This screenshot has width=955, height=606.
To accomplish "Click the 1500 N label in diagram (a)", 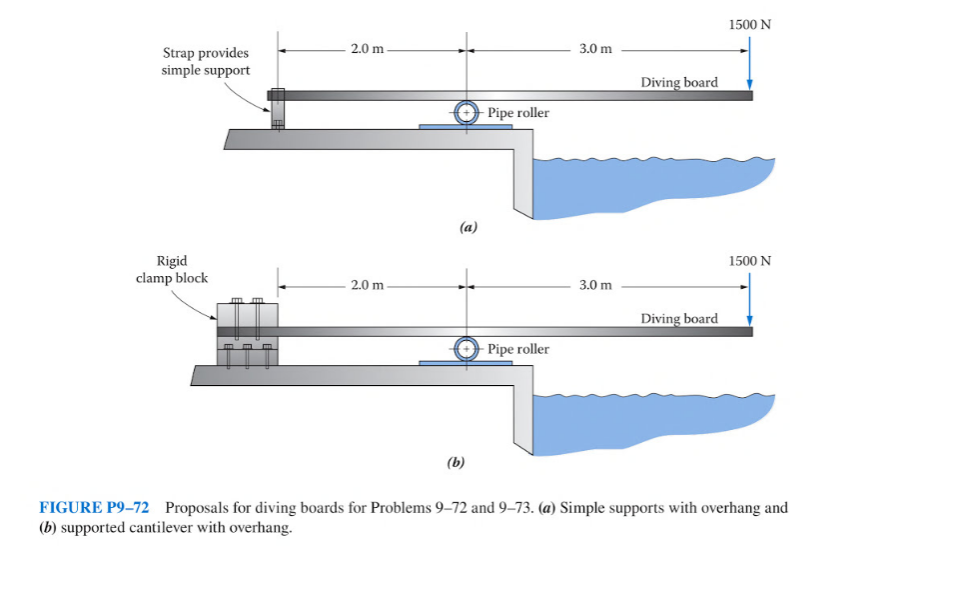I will [749, 25].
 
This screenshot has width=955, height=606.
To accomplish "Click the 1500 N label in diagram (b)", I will [749, 260].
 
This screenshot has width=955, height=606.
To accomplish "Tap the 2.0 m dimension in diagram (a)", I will [367, 49].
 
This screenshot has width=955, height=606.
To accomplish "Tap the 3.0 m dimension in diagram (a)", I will [595, 49].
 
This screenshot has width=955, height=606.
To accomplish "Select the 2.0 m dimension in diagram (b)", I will [367, 285].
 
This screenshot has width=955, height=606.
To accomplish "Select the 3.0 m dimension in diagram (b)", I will [595, 285].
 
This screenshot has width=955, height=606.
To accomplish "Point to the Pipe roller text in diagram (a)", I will [518, 113].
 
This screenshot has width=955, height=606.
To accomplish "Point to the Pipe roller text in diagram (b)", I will [518, 349].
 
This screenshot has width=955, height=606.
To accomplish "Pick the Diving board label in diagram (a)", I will [679, 82].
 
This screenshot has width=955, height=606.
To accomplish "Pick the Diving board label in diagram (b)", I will [679, 318].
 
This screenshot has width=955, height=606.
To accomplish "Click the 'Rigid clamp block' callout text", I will [172, 269].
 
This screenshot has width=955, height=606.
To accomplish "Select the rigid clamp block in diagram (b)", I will [248, 332].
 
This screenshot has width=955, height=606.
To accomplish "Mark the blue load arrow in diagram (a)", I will [749, 65].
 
